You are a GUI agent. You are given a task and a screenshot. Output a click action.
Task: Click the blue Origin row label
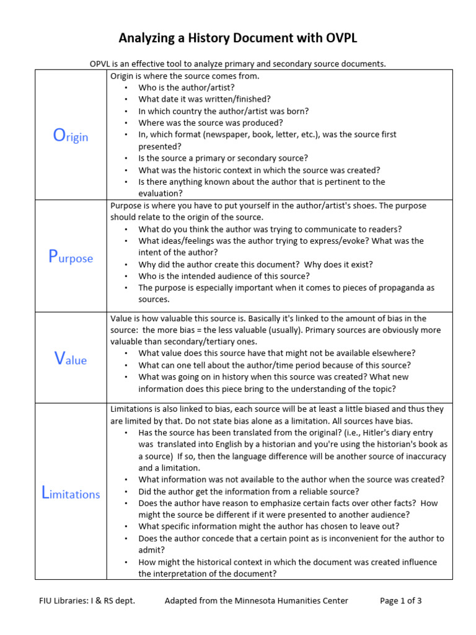pos(70,136)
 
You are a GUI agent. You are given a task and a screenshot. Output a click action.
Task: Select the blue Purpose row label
pos(70,257)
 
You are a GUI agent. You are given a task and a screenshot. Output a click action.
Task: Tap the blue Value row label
pos(70,359)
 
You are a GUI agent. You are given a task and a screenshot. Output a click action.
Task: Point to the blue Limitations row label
pos(70,494)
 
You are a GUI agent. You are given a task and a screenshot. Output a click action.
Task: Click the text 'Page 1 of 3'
pos(400,600)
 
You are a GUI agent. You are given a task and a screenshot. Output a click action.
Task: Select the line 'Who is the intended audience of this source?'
pos(224,276)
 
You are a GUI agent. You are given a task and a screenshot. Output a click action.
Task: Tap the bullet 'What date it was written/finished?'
pos(205,99)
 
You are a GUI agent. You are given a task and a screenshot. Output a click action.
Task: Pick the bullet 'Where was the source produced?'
pos(201,123)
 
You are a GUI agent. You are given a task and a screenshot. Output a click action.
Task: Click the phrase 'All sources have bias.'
pos(376,420)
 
